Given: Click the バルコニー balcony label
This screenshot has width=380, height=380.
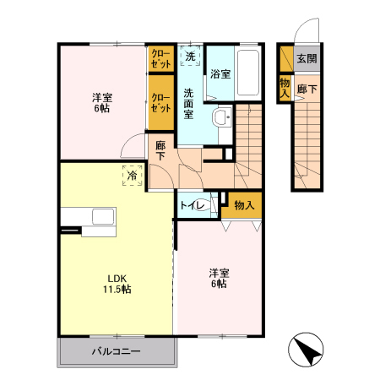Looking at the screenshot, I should click(117, 350).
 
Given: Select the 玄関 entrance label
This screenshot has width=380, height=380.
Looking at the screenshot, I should click(307, 59).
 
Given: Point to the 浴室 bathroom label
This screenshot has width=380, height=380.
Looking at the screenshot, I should click(220, 73).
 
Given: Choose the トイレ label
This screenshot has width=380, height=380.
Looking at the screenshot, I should click(189, 204).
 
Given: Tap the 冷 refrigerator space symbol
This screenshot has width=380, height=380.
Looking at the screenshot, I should click(133, 175).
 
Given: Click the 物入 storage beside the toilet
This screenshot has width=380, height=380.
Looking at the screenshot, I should click(243, 204).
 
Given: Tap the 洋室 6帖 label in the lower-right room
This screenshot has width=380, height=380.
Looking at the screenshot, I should click(219, 279).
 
